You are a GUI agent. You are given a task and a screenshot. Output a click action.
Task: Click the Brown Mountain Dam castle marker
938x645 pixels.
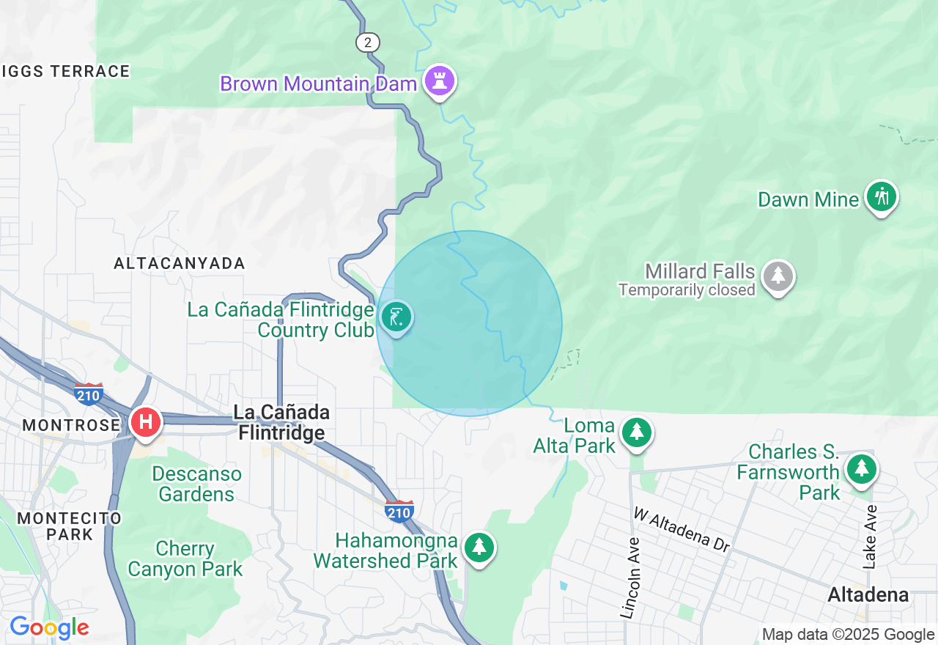click(x=439, y=81)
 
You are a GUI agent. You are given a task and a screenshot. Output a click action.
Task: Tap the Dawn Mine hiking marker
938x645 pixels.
click(x=881, y=197)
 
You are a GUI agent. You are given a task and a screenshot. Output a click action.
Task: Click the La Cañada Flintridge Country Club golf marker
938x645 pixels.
click(x=396, y=318)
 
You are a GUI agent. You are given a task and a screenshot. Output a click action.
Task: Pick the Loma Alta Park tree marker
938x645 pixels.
click(x=637, y=432)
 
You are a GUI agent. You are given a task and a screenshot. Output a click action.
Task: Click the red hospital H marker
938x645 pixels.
click(x=145, y=422)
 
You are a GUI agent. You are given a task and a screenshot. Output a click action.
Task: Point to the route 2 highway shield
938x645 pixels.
click(x=367, y=43)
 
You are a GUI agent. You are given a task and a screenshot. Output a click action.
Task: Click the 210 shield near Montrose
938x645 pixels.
click(x=89, y=394)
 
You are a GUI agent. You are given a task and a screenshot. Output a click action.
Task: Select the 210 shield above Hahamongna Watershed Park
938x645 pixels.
click(x=399, y=511)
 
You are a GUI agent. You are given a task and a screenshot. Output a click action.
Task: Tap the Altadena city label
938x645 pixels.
click(x=868, y=595)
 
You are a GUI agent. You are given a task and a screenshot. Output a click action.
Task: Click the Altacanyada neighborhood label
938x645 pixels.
click(x=180, y=263)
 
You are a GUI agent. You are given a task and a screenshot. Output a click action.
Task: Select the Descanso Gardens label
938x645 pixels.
click(x=196, y=484)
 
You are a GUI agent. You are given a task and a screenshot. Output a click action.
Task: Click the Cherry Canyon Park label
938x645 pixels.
click(x=185, y=559)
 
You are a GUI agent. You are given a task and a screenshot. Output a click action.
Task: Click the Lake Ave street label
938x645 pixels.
click(x=870, y=537)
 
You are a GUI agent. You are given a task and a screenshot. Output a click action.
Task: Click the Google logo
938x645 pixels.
click(x=49, y=627)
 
